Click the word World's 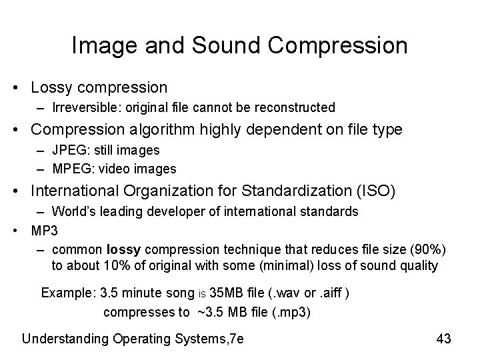tap(76, 212)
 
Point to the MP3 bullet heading tap(45, 231)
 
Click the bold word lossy tap(124, 249)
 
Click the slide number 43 tap(443, 339)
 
